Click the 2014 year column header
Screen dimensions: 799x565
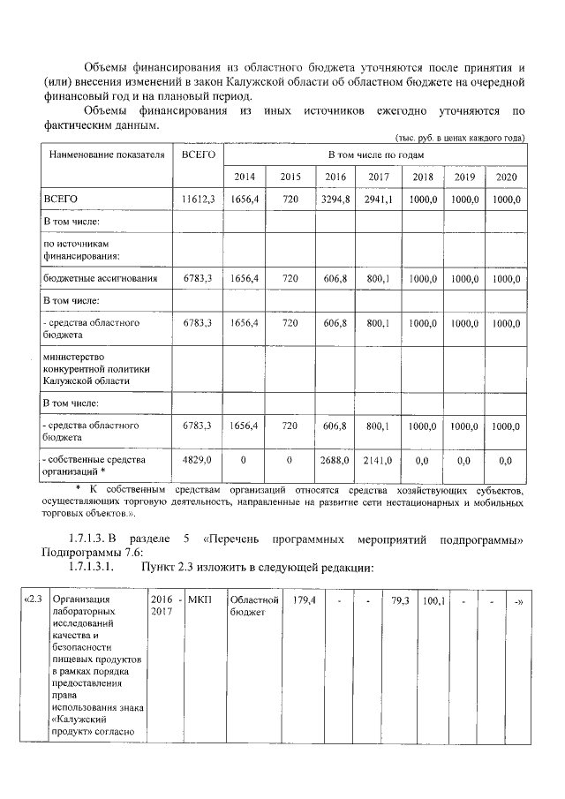click(244, 177)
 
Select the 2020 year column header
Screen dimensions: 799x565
click(505, 177)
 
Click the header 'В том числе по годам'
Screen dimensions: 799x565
click(376, 155)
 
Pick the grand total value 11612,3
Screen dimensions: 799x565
click(198, 200)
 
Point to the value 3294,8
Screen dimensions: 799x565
click(335, 200)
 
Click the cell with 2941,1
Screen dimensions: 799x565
click(377, 200)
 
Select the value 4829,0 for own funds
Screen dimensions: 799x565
click(198, 461)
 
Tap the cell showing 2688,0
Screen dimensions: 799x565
click(335, 461)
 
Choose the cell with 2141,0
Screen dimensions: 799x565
click(377, 461)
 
